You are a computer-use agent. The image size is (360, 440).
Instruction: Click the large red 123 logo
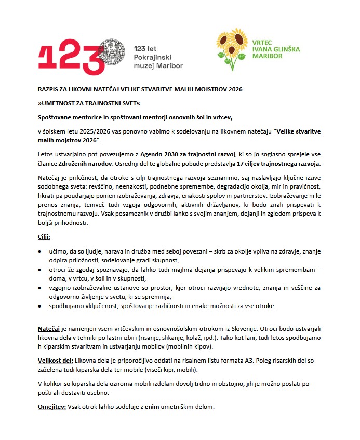[68, 54]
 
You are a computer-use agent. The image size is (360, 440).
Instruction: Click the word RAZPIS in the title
[49, 89]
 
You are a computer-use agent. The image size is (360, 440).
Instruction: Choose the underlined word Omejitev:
[51, 406]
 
